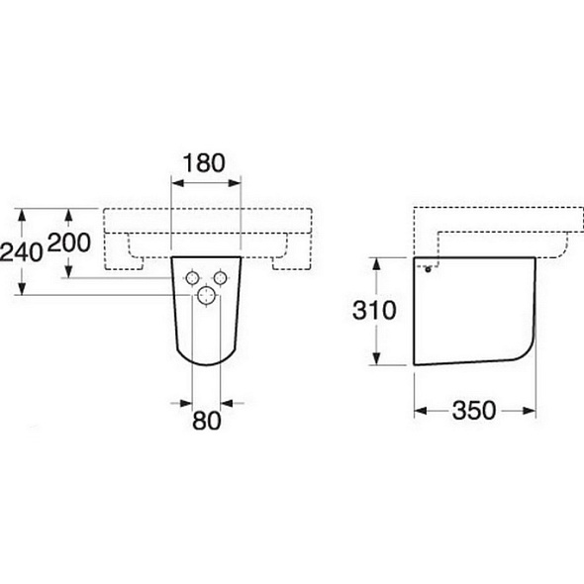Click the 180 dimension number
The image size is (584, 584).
205,163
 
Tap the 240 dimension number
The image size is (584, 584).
21,251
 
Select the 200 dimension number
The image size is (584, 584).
69,243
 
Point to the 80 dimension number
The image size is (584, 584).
206,421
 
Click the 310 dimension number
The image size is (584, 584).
374,310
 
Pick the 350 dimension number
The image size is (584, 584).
474,411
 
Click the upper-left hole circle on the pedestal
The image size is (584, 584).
192,278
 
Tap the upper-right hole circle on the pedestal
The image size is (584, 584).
220,278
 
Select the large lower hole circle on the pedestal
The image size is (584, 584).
206,295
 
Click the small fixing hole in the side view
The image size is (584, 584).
429,269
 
